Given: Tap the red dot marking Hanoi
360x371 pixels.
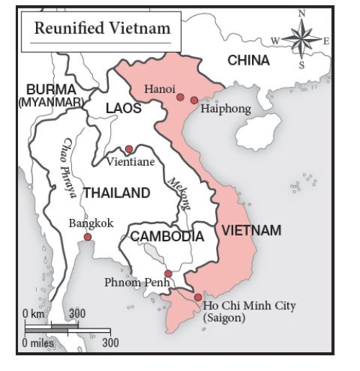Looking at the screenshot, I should pos(180,97).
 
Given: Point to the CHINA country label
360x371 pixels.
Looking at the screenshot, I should pos(249,61).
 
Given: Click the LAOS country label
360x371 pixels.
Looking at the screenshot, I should pos(124,108).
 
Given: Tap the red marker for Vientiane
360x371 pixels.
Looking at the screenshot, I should pos(129,149).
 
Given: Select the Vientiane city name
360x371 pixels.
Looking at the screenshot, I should pos(130,162).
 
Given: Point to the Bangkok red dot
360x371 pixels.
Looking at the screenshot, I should pos(87,236).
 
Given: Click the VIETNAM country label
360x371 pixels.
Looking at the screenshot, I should pos(251,231).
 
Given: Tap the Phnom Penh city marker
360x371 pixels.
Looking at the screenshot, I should pos(168,274).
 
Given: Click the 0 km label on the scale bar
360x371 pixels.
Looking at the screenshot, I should pos(35,315).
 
